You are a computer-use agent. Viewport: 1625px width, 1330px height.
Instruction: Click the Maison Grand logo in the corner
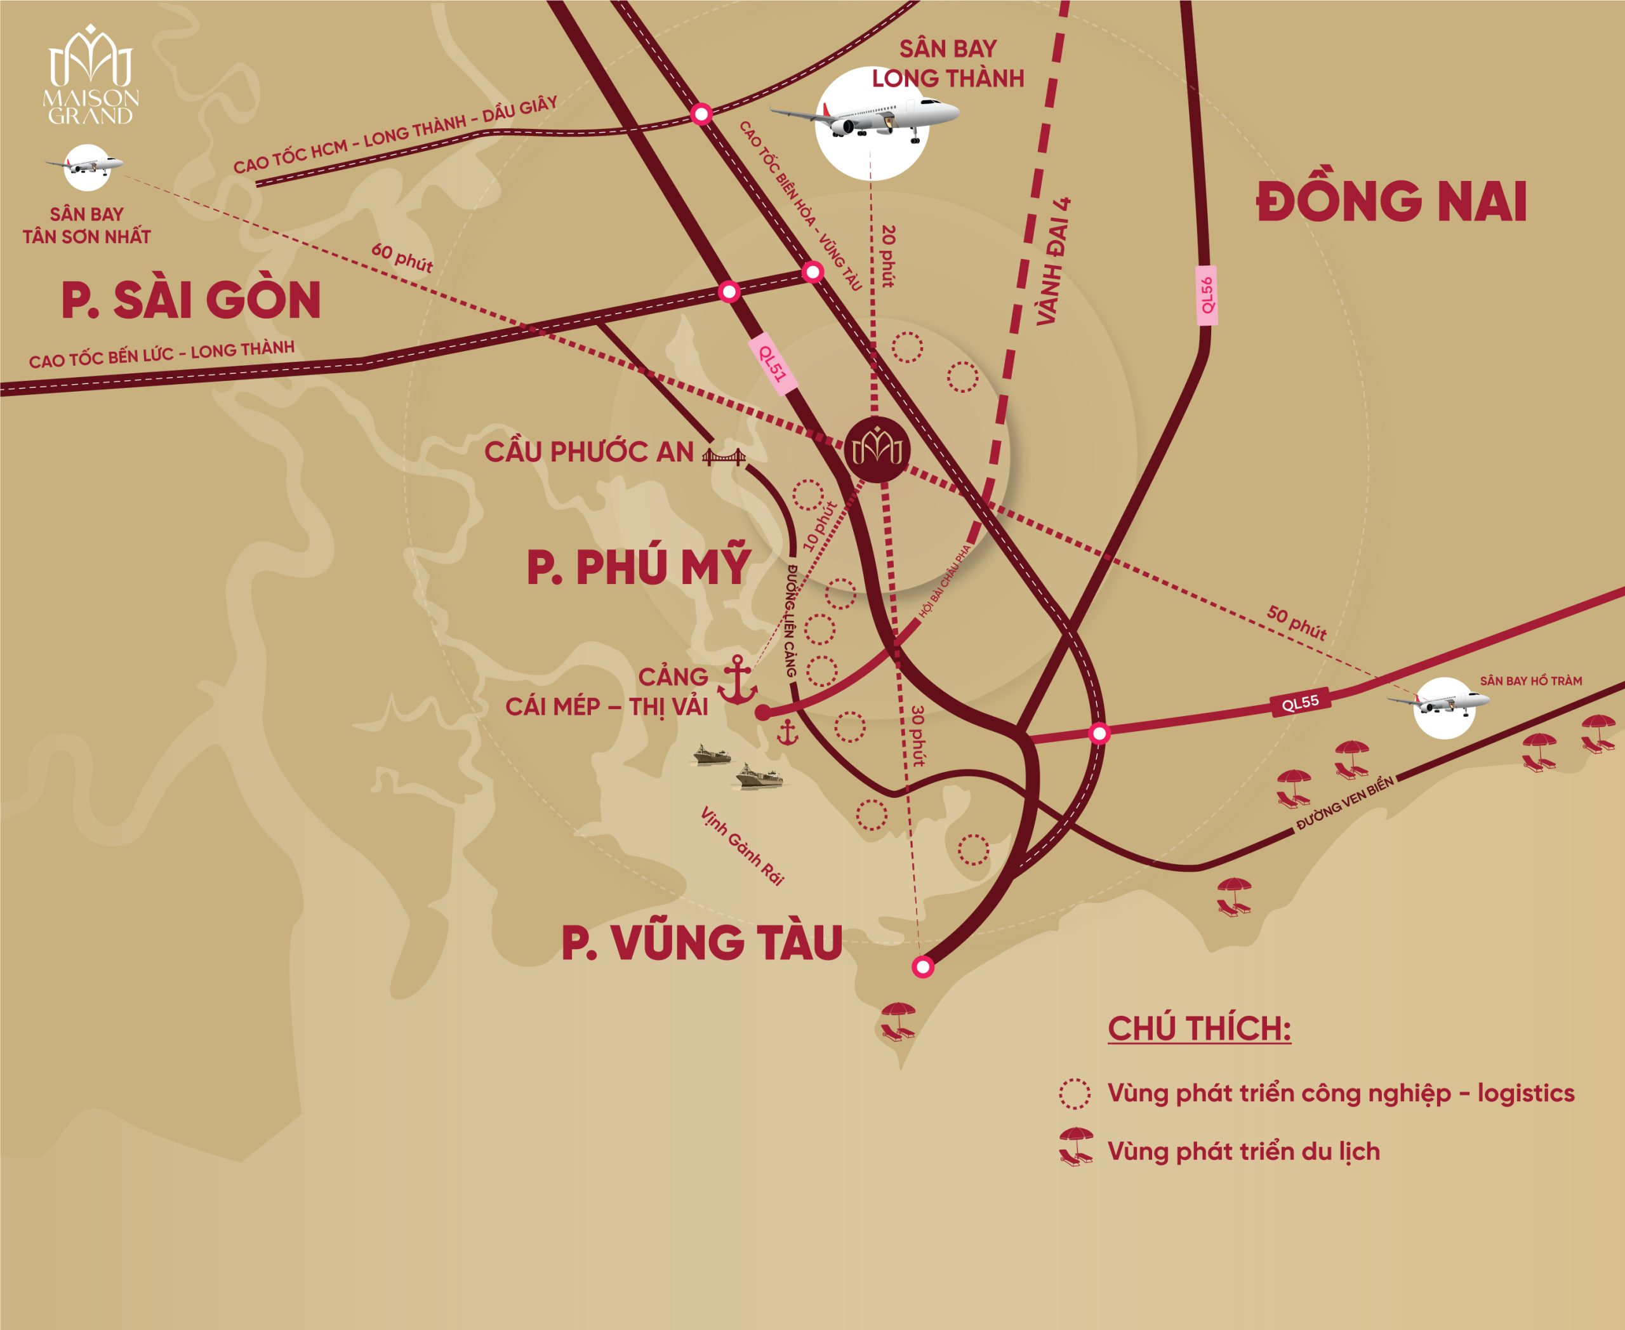pos(90,75)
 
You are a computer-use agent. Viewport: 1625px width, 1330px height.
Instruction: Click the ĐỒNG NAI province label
pos(1391,201)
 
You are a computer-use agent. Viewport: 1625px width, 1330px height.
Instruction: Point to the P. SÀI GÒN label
pos(191,300)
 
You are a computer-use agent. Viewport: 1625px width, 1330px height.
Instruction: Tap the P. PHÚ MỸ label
pos(637,567)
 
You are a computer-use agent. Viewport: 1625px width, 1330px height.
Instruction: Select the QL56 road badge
pos(1207,295)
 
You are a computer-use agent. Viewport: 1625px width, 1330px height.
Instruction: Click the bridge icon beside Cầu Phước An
pos(723,456)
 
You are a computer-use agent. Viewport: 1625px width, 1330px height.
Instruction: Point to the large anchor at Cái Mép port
pos(737,681)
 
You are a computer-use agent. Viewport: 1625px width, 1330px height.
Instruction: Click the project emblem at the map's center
pos(877,449)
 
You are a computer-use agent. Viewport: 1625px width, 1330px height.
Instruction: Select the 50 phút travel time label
pos(1296,622)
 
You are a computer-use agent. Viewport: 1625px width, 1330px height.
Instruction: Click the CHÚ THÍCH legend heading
pos(1199,1028)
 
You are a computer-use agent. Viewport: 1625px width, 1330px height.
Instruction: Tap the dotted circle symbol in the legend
pos(1074,1093)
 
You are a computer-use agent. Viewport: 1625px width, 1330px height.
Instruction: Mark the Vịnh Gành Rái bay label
pos(741,846)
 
